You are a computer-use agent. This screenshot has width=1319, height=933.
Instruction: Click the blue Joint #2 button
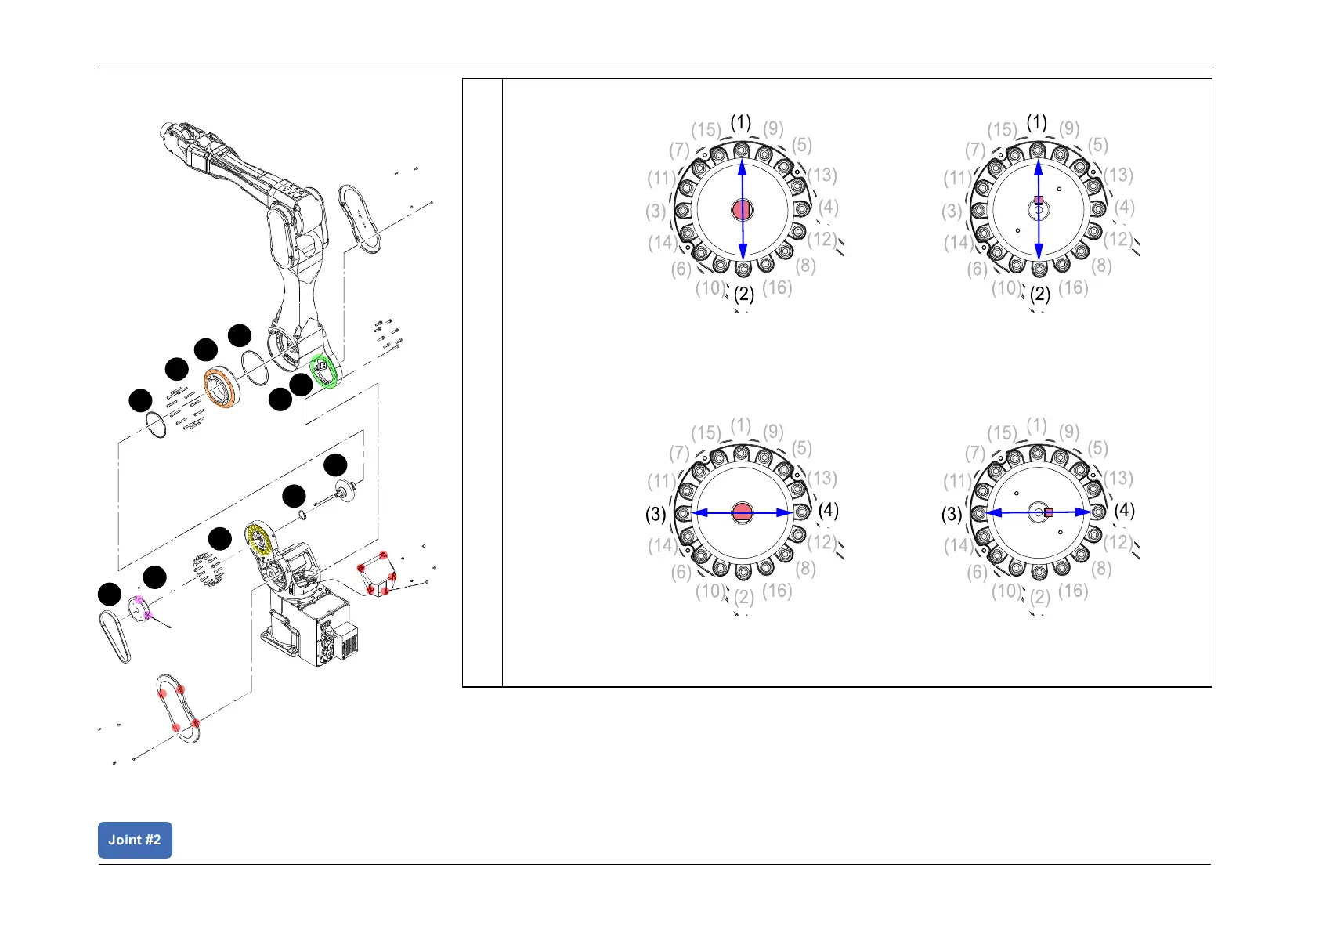coord(135,839)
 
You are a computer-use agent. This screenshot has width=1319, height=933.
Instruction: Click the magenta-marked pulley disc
coord(139,609)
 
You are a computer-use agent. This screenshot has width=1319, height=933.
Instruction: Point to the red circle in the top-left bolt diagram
coord(742,209)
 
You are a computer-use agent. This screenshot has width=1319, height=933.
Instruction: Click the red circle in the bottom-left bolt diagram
coord(742,512)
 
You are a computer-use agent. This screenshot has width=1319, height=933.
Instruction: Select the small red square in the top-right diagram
coord(1039,201)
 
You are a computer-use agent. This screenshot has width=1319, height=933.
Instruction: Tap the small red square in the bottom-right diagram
coord(1048,512)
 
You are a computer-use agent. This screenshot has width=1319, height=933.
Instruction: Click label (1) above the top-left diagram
coord(741,122)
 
